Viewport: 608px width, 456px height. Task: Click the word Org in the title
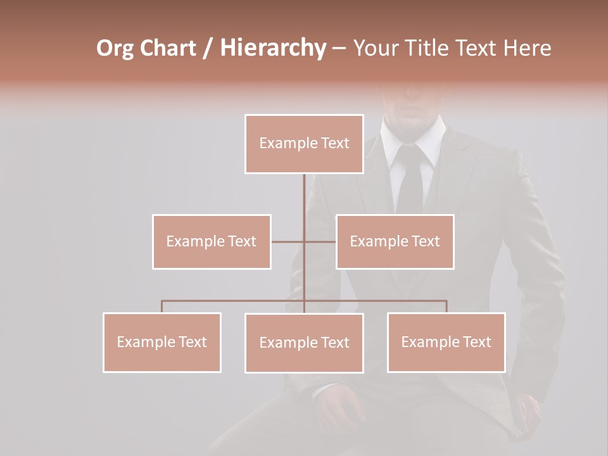115,48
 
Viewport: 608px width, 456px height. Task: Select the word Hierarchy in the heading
272,48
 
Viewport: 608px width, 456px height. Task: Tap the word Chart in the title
169,48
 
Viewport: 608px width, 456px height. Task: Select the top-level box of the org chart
304,144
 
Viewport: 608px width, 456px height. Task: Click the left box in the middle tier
212,241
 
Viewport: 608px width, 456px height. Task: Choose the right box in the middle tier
395,241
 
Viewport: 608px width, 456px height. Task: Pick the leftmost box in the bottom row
162,342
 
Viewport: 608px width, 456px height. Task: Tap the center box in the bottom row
304,343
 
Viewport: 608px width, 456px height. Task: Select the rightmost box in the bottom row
446,342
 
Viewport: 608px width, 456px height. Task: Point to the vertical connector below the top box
304,196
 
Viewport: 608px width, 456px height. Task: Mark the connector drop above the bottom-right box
446,307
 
